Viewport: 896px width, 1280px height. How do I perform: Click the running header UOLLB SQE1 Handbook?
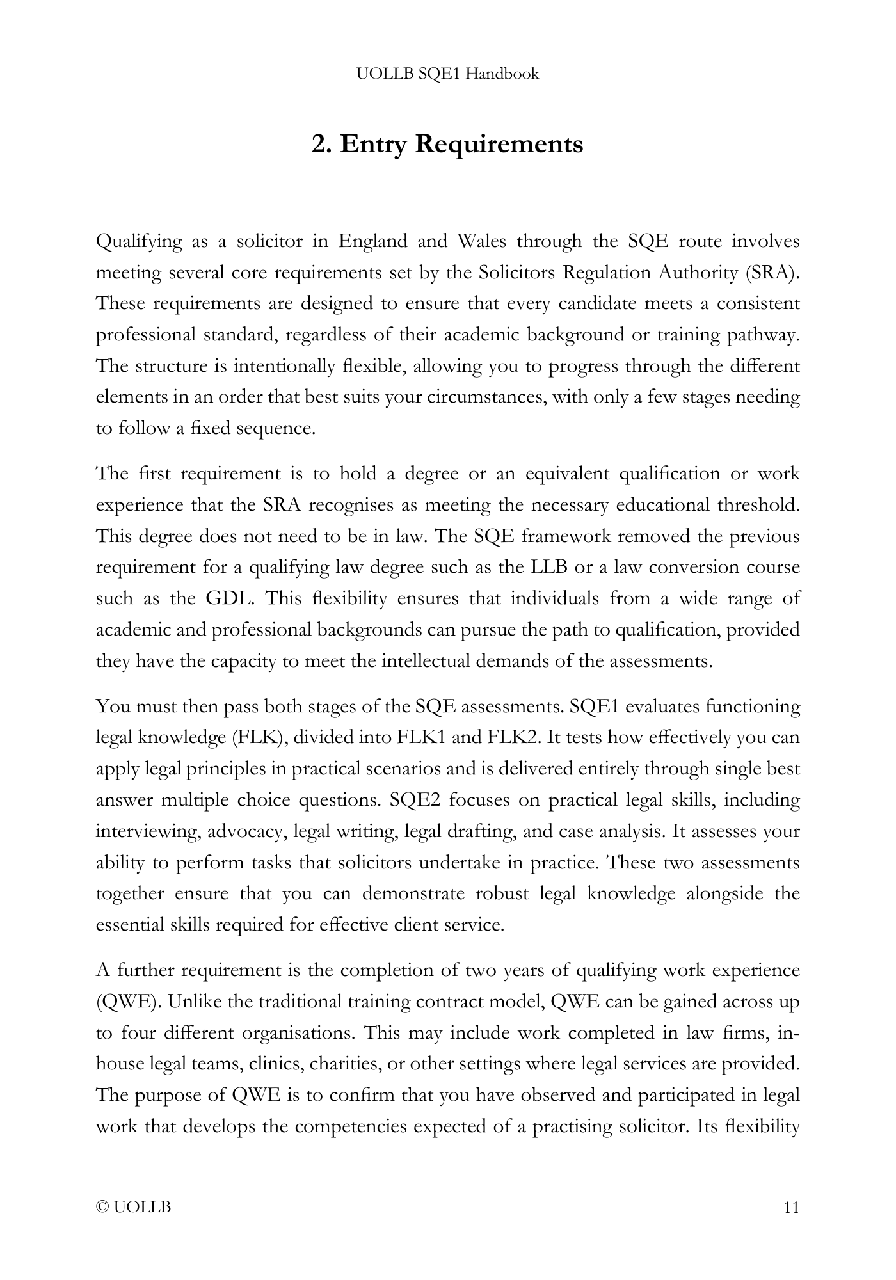tap(447, 74)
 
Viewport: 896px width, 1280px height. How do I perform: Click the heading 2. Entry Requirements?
tap(447, 144)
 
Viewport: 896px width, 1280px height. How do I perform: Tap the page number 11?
tap(791, 1208)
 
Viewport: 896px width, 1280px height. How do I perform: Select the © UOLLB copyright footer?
tap(134, 1208)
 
